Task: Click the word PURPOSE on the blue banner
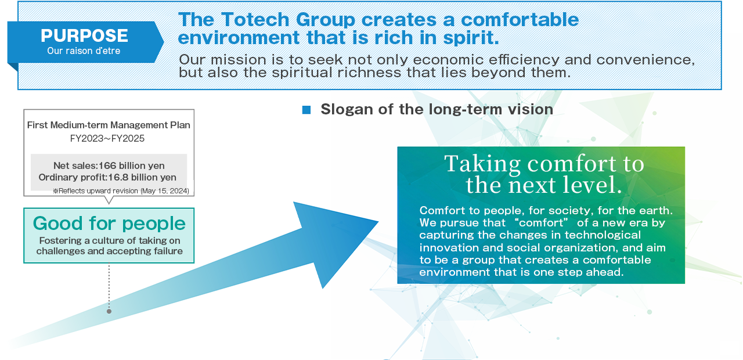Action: point(84,35)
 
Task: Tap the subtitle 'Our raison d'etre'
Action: point(84,51)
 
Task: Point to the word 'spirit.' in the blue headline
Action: point(471,38)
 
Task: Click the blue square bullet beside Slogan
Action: point(306,110)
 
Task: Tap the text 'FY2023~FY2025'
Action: point(107,138)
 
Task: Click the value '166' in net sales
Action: point(107,165)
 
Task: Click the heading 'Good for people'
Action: point(109,224)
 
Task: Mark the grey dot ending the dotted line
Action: point(109,311)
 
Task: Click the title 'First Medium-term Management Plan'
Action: point(109,125)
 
